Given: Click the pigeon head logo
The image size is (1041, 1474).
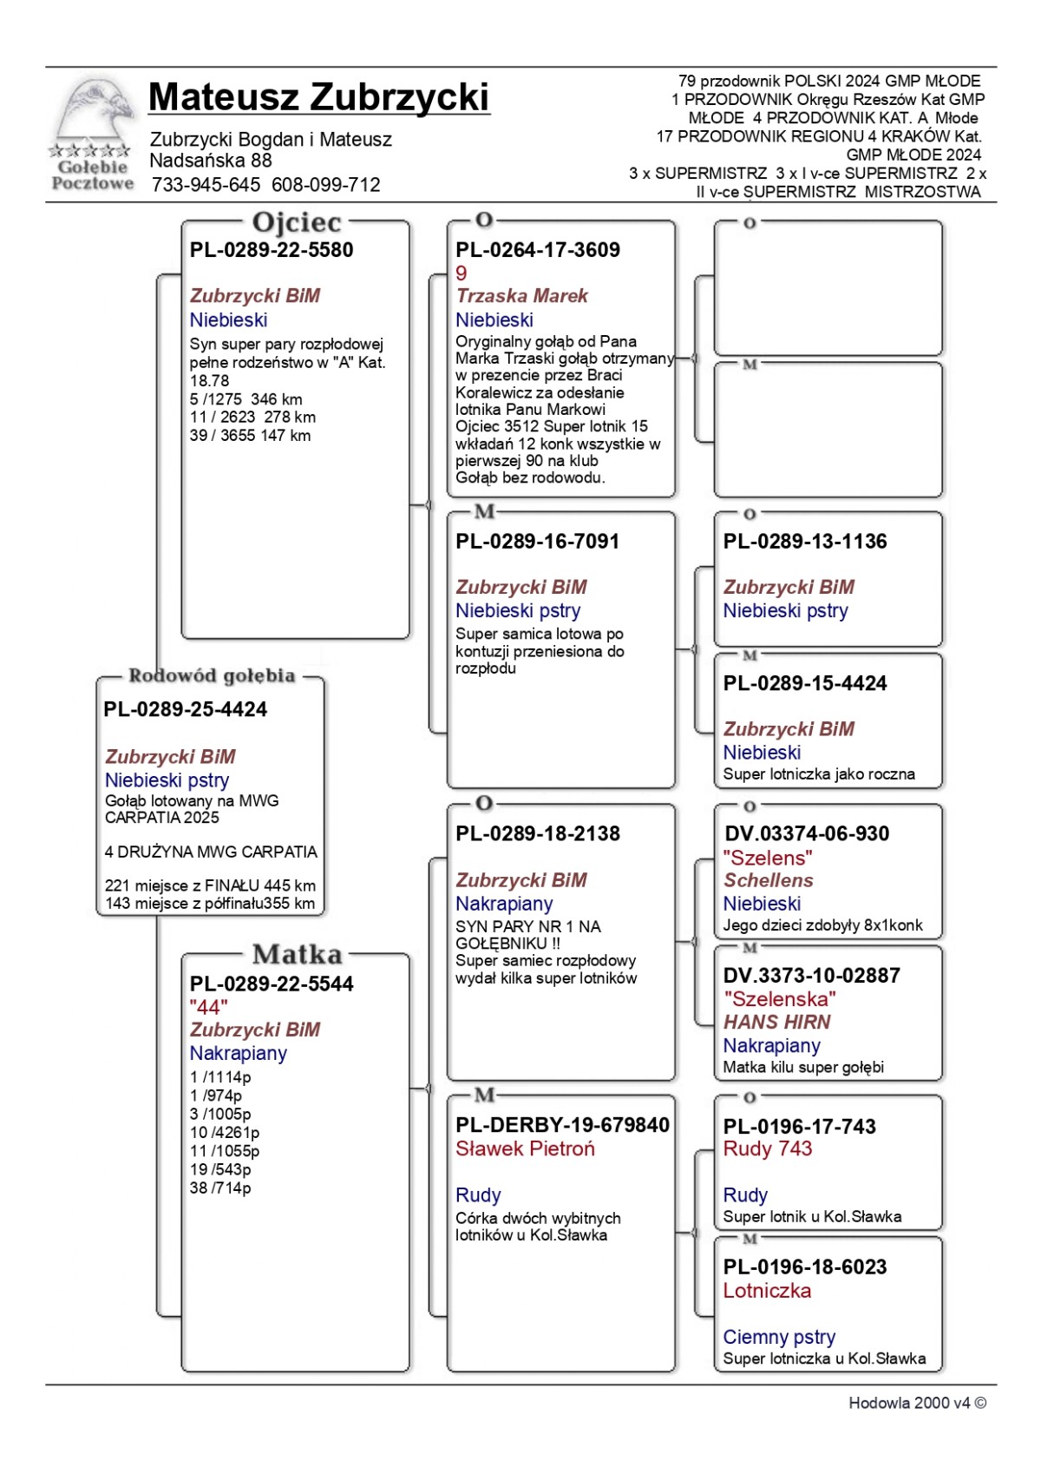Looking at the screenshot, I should pos(93,113).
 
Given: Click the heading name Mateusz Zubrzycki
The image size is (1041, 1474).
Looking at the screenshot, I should pos(318,97).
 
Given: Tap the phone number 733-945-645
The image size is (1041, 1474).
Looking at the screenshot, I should pos(206,185).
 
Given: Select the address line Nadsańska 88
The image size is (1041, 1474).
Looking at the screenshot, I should pos(211,161).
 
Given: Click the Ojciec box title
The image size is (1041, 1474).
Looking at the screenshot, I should pos(296,223).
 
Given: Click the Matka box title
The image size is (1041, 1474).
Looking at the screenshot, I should pos(297,955).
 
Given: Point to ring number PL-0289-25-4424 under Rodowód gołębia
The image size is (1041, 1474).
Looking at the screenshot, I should pos(185,709).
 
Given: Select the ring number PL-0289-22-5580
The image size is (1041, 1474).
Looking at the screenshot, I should pos(272,250).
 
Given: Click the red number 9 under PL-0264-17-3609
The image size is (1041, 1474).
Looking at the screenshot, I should pos(462,273).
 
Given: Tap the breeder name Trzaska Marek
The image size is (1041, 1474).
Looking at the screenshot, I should pos(521,296).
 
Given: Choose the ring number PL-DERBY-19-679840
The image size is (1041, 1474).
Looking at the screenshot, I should pos(562,1125).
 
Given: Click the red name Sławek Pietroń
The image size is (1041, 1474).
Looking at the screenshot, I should pos(525,1149).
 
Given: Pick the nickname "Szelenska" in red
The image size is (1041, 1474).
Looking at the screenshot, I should pos(779,999).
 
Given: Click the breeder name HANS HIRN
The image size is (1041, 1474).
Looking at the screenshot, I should pos(776,1023).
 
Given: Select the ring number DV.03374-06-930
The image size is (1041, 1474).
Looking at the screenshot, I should pos(807,834).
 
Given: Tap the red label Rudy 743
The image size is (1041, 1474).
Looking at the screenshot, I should pos(767,1149).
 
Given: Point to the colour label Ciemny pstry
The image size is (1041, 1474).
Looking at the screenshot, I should pos(779,1337).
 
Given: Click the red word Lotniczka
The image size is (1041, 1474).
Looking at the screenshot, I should pos(767,1291).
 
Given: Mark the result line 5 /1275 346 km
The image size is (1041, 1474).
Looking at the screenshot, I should pos(246,399).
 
